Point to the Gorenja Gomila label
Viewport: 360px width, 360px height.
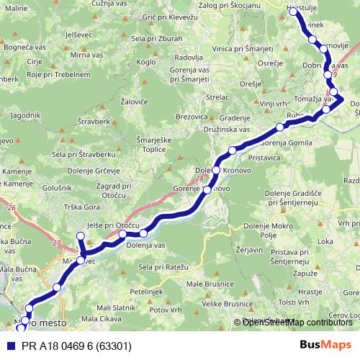click(287, 143)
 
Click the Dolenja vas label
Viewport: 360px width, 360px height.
click(148, 246)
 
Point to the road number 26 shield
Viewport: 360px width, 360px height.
click(11, 209)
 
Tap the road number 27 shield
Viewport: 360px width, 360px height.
click(57, 243)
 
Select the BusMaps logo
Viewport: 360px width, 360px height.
click(325, 346)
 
